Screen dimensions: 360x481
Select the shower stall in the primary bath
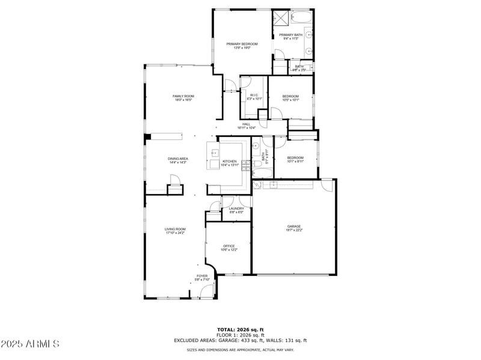pos(280,17)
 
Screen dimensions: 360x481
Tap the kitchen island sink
pos(215,153)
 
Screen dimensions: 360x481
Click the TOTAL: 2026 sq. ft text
pos(240,329)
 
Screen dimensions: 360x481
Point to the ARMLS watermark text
pos(30,344)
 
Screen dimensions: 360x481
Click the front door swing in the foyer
pos(207,291)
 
